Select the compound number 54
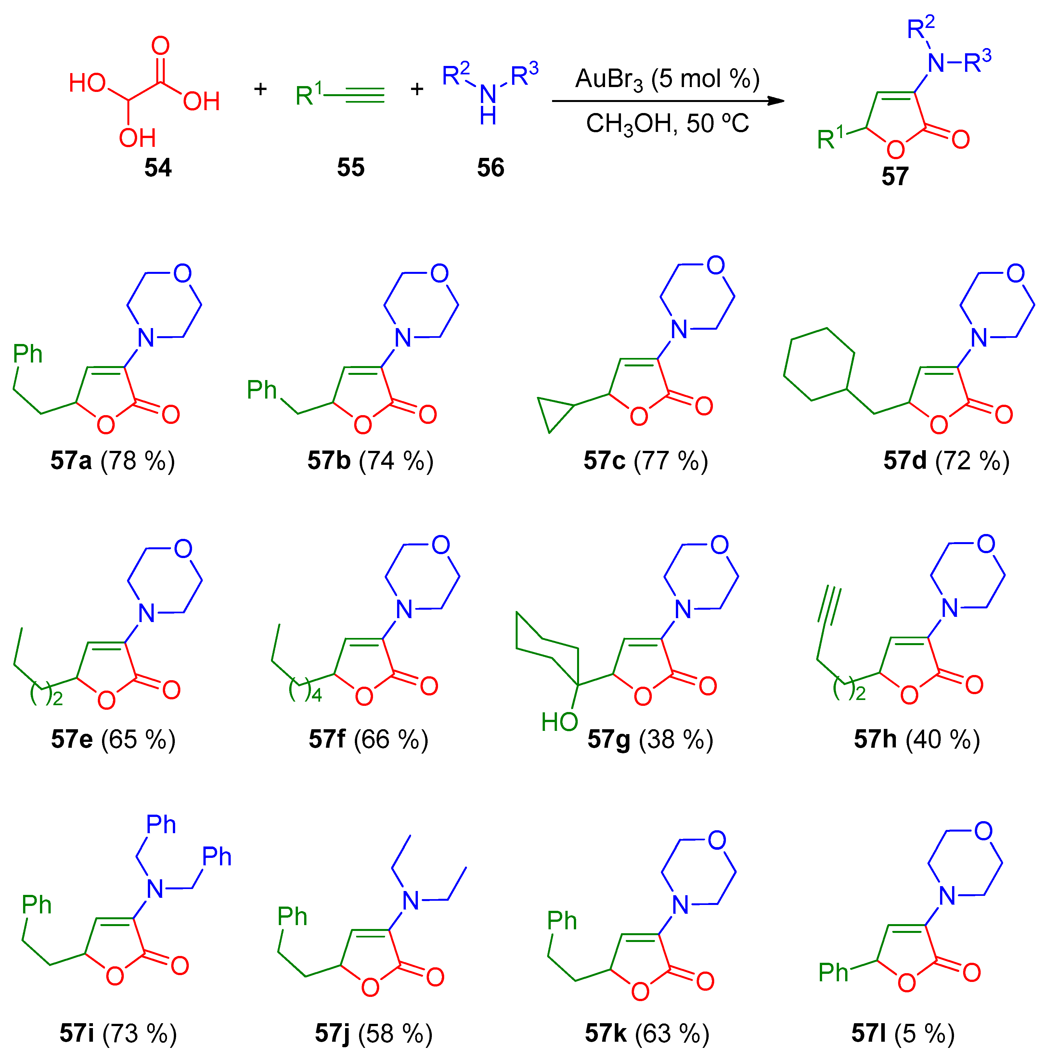[x=158, y=167]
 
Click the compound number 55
[x=351, y=167]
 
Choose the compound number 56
[x=491, y=167]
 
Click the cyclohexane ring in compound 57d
[x=819, y=364]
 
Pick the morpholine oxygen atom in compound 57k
[x=716, y=840]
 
